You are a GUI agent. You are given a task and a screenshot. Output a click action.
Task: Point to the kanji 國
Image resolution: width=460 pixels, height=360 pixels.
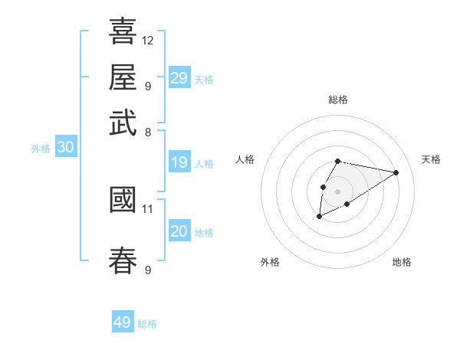click(123, 200)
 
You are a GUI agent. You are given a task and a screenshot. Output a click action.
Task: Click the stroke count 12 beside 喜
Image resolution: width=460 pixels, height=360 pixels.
click(148, 40)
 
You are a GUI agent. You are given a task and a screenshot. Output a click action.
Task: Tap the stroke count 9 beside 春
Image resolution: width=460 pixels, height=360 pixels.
click(147, 270)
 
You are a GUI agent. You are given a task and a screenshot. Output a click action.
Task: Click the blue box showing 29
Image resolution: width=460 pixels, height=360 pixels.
click(179, 77)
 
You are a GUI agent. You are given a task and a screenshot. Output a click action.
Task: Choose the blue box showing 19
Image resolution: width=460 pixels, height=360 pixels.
click(179, 162)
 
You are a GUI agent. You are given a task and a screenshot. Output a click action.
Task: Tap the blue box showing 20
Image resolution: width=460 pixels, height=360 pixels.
click(179, 231)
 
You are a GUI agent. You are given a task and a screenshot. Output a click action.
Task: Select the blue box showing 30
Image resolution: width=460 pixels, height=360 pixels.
click(65, 148)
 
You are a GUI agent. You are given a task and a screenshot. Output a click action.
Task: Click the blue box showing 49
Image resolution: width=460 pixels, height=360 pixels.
click(123, 322)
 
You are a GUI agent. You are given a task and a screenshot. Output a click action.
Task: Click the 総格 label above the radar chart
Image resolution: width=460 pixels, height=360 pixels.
click(337, 100)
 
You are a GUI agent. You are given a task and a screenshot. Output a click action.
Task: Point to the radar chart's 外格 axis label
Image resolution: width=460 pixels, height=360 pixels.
click(270, 262)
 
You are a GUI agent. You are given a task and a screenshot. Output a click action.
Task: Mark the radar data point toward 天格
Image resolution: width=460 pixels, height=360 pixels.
click(396, 172)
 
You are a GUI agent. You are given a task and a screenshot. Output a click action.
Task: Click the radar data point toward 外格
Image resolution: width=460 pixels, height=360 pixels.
click(320, 218)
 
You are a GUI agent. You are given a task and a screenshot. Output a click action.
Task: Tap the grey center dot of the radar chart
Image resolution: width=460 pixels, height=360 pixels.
click(337, 190)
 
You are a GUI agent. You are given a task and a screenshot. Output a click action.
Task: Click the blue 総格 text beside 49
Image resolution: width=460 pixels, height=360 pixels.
click(147, 324)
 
